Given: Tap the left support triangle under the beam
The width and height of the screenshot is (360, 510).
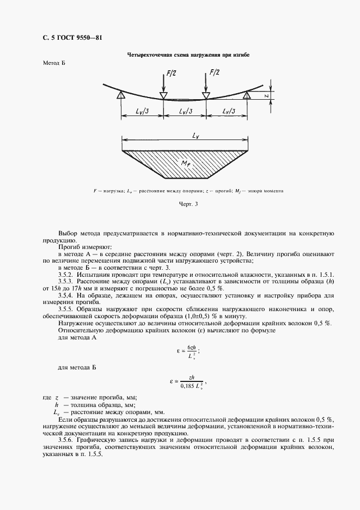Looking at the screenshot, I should click(121, 95).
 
